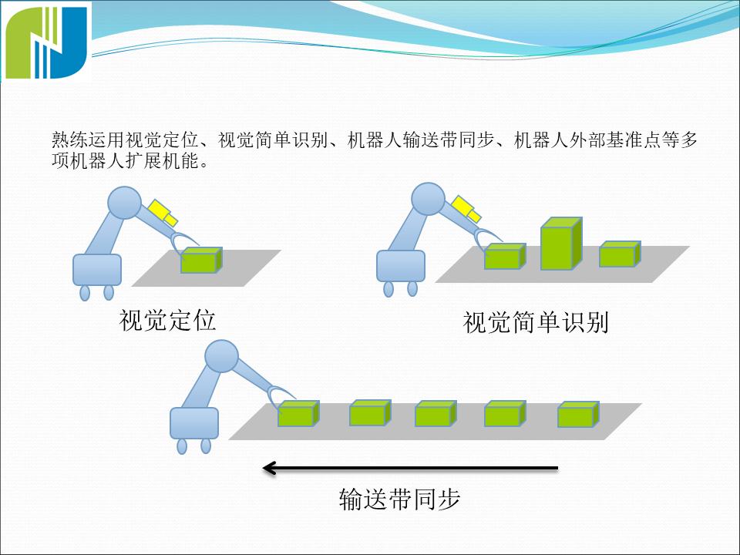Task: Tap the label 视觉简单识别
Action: pyautogui.click(x=536, y=322)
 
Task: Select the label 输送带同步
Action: pyautogui.click(x=399, y=499)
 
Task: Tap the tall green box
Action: pyautogui.click(x=560, y=244)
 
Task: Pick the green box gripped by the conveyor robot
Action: pyautogui.click(x=298, y=414)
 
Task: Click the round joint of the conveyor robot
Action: pyautogui.click(x=222, y=358)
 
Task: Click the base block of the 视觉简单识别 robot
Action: pyautogui.click(x=401, y=267)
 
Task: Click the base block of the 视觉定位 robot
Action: pyautogui.click(x=97, y=270)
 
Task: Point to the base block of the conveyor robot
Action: pyautogui.click(x=194, y=423)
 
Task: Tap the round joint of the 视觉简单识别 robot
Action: pyautogui.click(x=428, y=199)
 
